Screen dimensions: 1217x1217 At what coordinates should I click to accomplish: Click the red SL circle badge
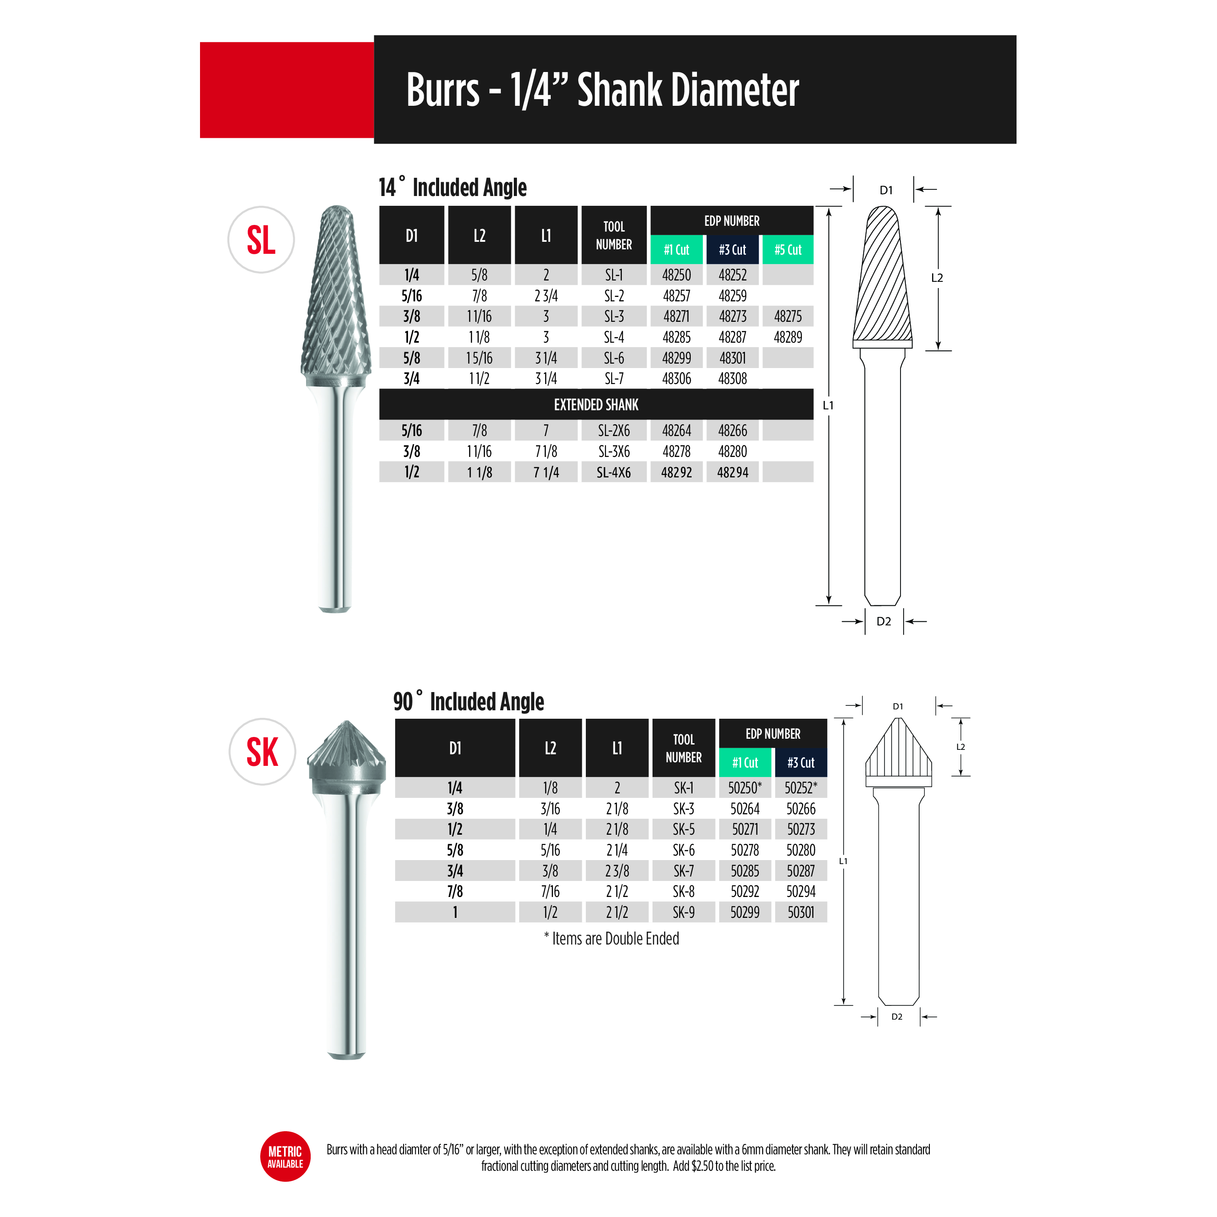tap(261, 240)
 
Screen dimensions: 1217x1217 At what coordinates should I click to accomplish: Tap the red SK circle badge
tap(262, 752)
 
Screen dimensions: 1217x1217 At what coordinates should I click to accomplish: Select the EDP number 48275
tap(788, 316)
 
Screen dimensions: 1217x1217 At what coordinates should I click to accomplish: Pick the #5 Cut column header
tap(788, 249)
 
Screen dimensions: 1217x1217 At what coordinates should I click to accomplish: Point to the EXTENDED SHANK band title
tap(596, 405)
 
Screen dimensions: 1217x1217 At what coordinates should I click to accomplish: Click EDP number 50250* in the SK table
tap(745, 787)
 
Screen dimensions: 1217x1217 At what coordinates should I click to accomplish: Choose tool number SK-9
tap(684, 912)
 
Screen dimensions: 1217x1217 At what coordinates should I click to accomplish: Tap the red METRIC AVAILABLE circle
tap(285, 1157)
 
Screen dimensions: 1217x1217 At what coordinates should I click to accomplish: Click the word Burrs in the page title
tap(443, 90)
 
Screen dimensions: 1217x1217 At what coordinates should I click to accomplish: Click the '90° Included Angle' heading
tap(468, 701)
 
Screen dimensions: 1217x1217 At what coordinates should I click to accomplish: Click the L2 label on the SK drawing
tap(961, 746)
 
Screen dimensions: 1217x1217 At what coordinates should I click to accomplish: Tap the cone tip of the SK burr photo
tap(346, 722)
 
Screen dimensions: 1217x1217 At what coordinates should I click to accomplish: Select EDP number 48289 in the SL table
tap(788, 337)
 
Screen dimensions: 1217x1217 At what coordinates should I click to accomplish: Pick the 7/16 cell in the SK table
tap(550, 891)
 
